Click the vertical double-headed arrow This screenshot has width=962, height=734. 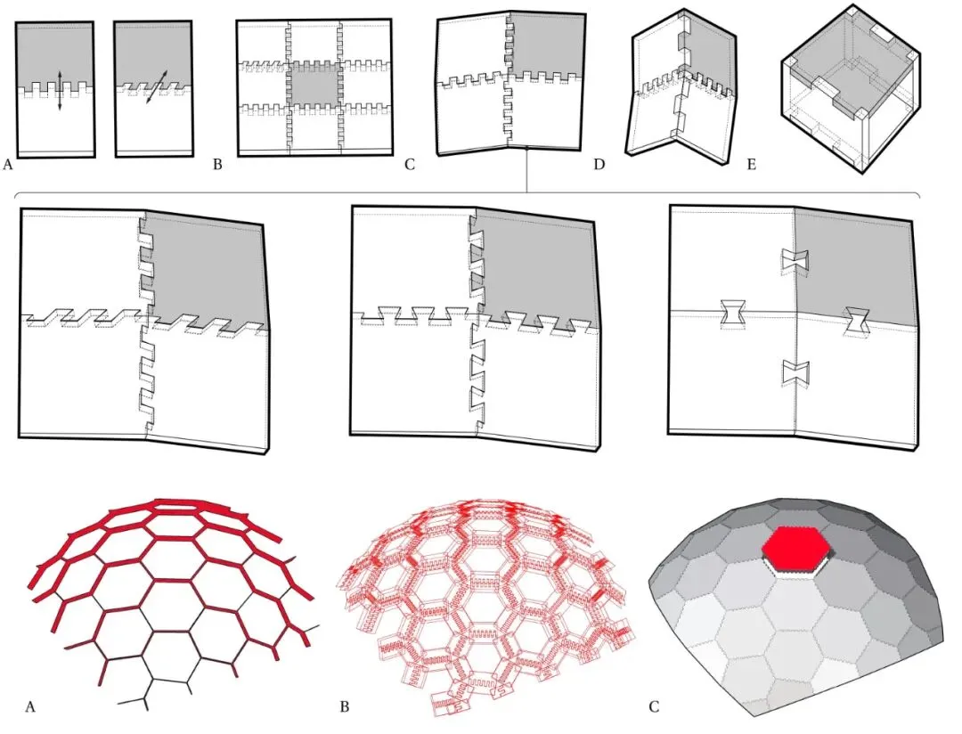point(60,90)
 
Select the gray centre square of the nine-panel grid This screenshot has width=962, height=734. point(314,82)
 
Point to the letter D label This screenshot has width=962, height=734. point(599,165)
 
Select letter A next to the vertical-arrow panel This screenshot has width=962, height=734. point(7,165)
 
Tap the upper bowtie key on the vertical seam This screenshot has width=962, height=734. point(795,261)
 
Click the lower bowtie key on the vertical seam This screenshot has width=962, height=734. point(795,373)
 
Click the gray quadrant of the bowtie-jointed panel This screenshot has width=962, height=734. point(856,264)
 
